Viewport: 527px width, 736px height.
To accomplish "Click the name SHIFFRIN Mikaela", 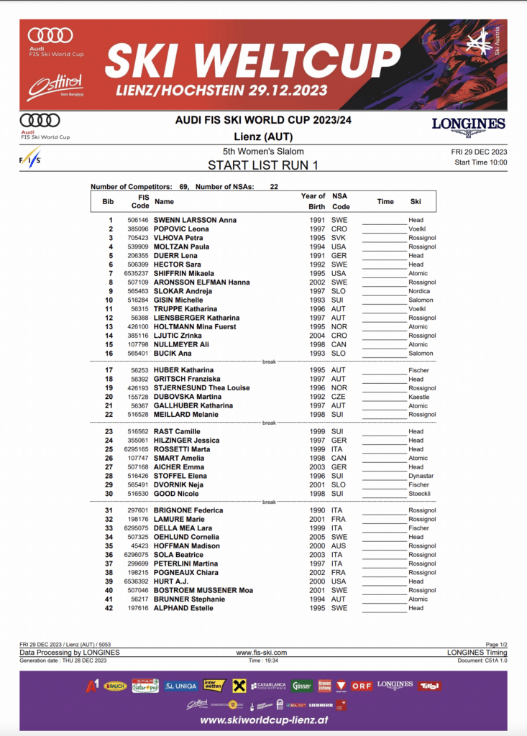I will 183,273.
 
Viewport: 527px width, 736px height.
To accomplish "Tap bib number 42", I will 109,608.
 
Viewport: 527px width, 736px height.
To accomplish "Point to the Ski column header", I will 416,201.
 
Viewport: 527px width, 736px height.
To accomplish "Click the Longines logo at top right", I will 468,126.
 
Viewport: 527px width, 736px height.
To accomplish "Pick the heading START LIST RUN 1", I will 263,165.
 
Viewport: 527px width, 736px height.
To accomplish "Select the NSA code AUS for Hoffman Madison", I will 338,546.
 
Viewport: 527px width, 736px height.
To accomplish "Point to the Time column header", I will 385,201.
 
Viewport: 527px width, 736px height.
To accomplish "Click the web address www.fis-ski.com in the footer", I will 262,653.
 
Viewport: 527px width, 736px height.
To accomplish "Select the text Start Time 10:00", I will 480,162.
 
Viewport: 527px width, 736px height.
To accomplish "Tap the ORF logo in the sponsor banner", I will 362,686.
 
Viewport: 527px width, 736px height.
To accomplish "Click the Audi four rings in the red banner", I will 50,34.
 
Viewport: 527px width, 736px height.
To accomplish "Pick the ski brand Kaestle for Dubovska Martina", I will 418,397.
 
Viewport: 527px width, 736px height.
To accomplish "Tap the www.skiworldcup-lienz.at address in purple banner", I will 263,720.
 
